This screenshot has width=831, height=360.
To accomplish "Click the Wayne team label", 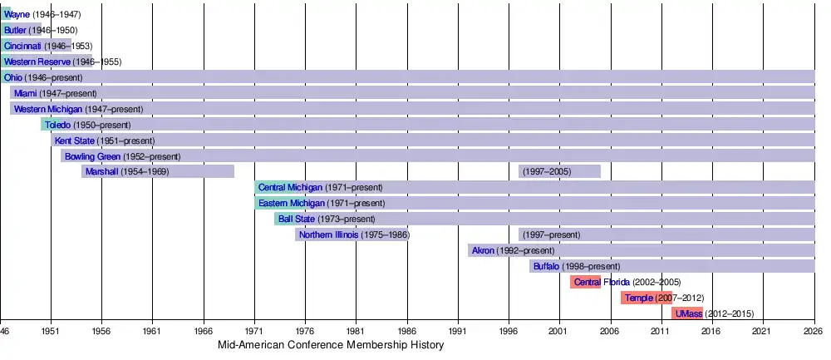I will [x=17, y=15].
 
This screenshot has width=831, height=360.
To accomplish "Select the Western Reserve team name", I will [x=37, y=62].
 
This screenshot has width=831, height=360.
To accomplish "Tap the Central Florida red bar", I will [x=585, y=282].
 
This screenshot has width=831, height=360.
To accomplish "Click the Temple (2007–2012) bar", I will [x=647, y=298].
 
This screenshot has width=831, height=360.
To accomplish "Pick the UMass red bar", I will [x=687, y=313].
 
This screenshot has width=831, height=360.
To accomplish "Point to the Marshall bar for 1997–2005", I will [x=559, y=171].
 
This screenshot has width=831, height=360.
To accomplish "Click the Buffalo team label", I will [x=547, y=266].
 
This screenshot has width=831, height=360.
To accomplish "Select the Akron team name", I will [x=483, y=250].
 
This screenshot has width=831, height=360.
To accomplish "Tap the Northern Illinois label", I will [x=328, y=234].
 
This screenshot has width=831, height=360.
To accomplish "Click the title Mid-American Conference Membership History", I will [x=331, y=345].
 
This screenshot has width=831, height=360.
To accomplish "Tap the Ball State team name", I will [x=297, y=219].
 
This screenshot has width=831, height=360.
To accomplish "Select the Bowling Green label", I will [x=92, y=156].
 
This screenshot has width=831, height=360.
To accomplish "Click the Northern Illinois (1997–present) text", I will [x=551, y=234].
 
